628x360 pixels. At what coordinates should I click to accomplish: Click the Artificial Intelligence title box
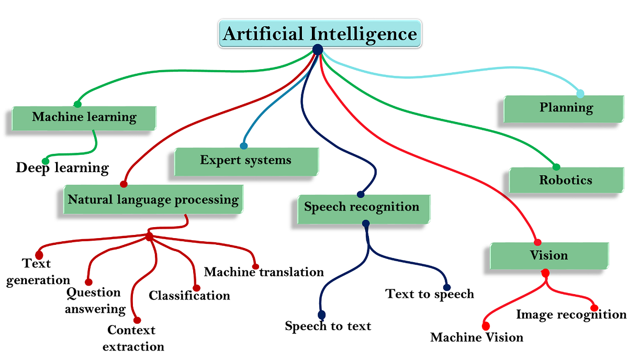(320, 34)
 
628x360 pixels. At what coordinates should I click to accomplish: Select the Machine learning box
(84, 117)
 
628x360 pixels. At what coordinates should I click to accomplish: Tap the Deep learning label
(62, 168)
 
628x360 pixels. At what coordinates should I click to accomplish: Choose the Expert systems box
(246, 160)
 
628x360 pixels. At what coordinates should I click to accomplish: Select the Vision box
(548, 255)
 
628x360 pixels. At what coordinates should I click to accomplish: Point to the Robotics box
(566, 180)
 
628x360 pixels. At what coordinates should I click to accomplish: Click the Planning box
(566, 108)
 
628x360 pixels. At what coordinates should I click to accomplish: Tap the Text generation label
(38, 271)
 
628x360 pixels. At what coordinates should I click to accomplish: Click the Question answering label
(95, 300)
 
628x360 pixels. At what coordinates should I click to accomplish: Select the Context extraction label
(133, 338)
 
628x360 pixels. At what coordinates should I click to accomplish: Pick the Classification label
(189, 296)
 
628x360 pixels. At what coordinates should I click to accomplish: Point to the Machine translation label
(264, 272)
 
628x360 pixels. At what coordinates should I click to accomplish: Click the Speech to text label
(328, 326)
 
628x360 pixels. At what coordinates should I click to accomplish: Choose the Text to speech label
(430, 294)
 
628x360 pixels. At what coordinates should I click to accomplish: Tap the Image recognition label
(571, 314)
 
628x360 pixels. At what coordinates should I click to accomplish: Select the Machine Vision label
(477, 337)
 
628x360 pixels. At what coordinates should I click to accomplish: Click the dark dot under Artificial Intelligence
(317, 49)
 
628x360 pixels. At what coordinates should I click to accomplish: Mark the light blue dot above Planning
(580, 94)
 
